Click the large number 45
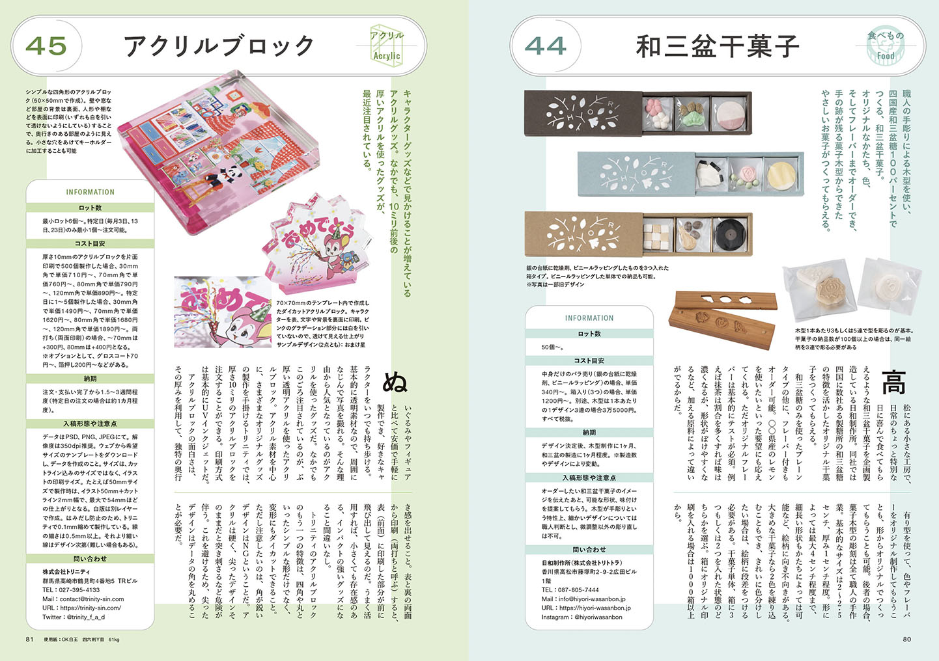click(x=46, y=46)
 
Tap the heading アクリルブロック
click(x=219, y=46)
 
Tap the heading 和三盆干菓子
click(x=717, y=46)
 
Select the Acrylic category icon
click(x=387, y=46)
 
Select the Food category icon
click(x=886, y=46)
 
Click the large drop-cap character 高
click(x=893, y=382)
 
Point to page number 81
click(x=30, y=639)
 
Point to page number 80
click(x=906, y=639)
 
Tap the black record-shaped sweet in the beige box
click(x=729, y=233)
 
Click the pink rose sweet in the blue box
click(x=743, y=175)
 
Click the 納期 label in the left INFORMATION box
click(x=90, y=378)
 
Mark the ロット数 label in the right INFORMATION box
click(x=589, y=333)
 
